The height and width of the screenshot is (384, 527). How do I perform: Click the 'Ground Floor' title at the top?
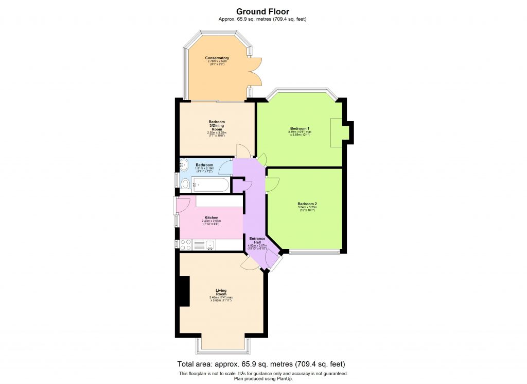263,11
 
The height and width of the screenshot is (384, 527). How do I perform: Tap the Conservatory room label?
217,58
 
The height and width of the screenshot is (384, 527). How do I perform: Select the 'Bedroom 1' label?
299,128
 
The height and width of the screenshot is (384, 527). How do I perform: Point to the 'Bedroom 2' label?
307,204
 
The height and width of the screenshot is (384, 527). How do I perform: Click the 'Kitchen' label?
212,218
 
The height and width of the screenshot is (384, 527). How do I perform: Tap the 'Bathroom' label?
204,165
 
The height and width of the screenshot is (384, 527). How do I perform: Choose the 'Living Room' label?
221,292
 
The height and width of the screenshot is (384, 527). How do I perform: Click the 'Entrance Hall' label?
257,240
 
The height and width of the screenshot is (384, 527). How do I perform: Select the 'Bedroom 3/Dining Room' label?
217,125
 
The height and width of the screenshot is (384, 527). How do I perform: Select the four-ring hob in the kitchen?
185,244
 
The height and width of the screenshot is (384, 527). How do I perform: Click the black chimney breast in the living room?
183,292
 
